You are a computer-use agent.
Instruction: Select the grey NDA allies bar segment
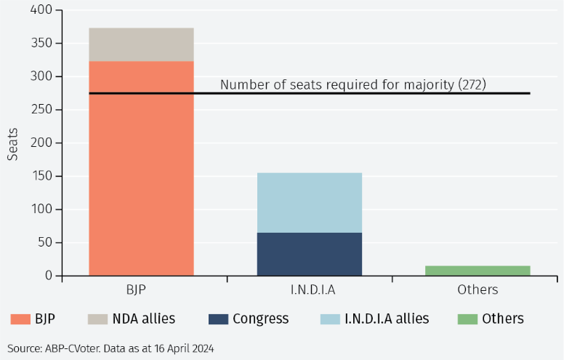(x=141, y=44)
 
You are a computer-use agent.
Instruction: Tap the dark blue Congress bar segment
(x=310, y=254)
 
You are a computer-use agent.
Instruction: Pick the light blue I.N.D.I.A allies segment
(x=310, y=202)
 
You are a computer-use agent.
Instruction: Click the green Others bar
(x=478, y=271)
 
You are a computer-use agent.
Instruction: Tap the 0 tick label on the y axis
(x=49, y=276)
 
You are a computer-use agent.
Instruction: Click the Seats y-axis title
(x=13, y=144)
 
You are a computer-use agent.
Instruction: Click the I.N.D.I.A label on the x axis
(x=310, y=289)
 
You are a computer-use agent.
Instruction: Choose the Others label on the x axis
(x=478, y=289)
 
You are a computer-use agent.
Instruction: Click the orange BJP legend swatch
(x=20, y=319)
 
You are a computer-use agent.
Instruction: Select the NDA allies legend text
(x=143, y=319)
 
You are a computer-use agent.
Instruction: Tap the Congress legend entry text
(x=260, y=319)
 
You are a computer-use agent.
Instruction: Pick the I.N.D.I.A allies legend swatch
(x=330, y=319)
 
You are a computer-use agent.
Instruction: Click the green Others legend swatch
(x=467, y=319)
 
